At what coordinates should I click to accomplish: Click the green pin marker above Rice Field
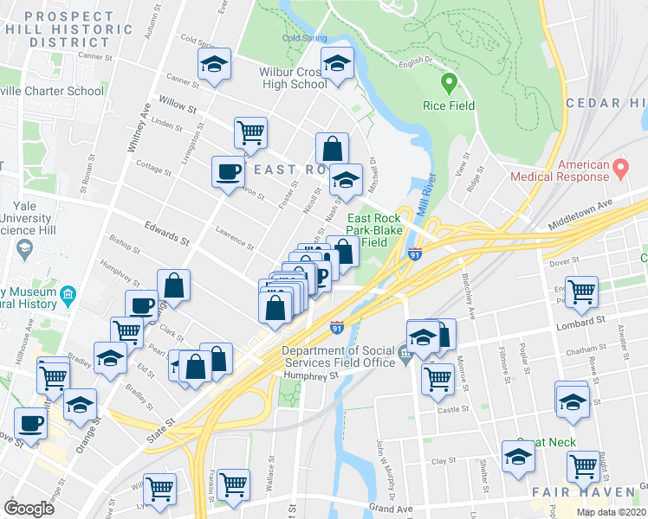[449, 84]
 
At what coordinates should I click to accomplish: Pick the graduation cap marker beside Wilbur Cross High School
[337, 63]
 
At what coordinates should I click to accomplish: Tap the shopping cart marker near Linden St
[250, 133]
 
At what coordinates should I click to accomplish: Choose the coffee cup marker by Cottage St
[228, 170]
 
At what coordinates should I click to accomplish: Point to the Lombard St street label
[580, 321]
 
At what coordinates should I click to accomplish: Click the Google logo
[29, 508]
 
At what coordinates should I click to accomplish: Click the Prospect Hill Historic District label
[68, 29]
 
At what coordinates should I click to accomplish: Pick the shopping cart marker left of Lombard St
[581, 292]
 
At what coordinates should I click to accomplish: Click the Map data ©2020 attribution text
[610, 512]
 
